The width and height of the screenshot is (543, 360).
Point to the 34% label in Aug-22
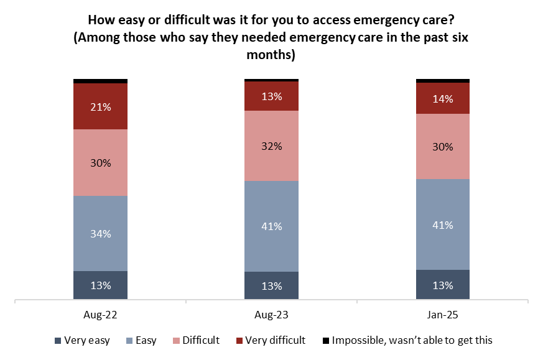(x=101, y=234)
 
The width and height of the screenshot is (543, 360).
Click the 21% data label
(x=101, y=107)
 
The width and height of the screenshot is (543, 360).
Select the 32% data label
(x=272, y=146)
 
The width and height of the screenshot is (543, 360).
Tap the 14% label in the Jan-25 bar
(x=443, y=99)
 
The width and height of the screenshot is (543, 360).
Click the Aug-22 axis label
(x=100, y=315)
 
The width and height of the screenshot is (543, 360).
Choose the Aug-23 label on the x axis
(x=271, y=315)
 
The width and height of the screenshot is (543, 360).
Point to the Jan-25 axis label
(x=443, y=315)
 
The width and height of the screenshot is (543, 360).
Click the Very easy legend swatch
(x=58, y=341)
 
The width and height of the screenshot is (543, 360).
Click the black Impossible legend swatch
(x=325, y=341)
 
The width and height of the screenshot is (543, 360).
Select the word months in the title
(x=271, y=55)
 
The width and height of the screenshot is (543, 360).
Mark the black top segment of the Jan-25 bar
(x=443, y=80)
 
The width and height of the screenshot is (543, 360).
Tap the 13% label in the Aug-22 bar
(x=101, y=286)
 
